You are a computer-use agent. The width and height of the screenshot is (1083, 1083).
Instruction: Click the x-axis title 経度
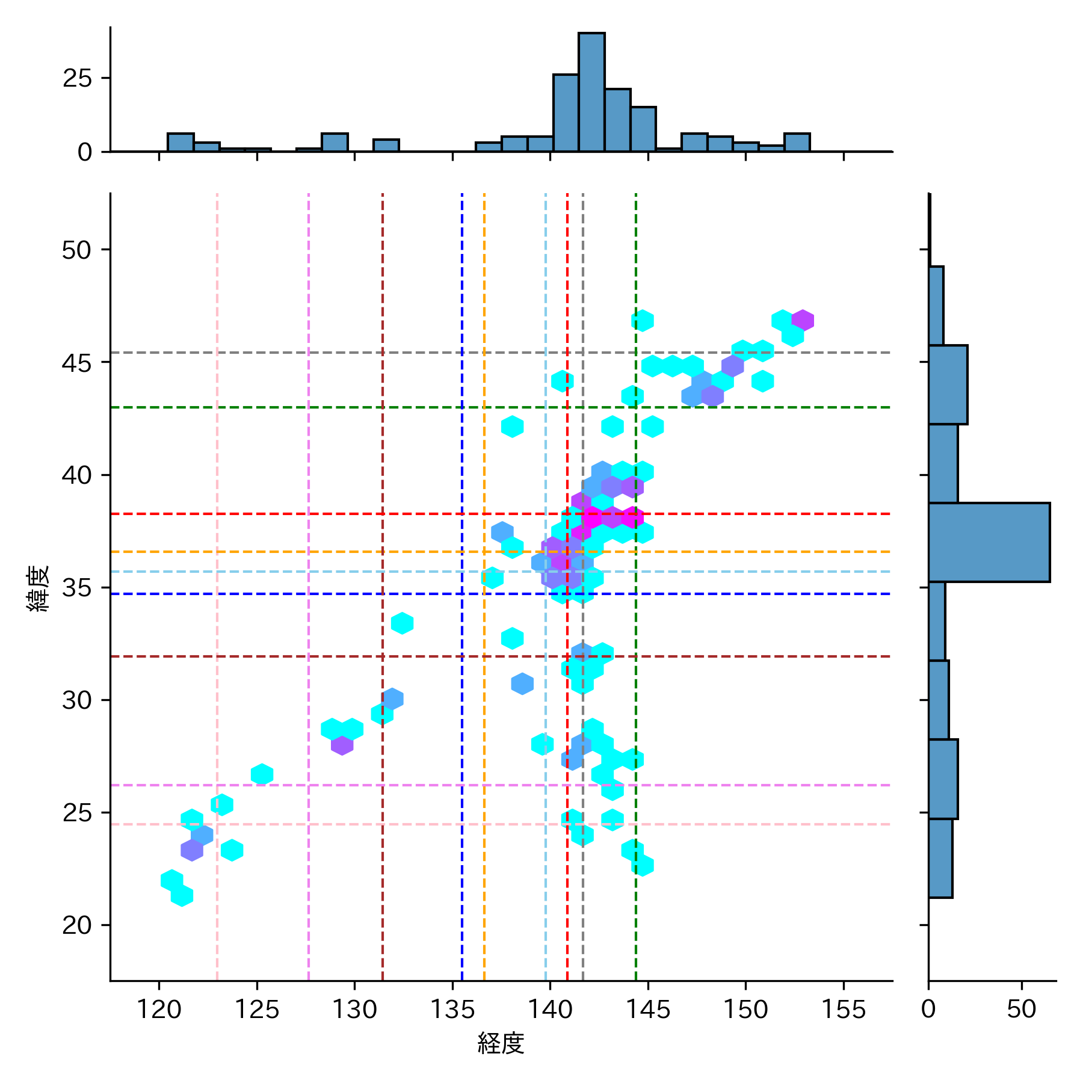(x=501, y=1043)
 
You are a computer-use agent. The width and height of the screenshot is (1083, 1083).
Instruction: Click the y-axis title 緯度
(x=39, y=588)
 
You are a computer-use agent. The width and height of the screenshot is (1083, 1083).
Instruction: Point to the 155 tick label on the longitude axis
(x=843, y=1010)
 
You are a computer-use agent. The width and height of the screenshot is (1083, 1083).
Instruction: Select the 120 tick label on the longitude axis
(x=159, y=1010)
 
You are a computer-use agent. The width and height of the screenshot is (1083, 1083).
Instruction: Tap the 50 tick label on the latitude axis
(x=77, y=250)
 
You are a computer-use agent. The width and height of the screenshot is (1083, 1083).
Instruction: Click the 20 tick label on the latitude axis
(x=77, y=925)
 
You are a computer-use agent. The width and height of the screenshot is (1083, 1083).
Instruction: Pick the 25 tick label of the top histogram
(x=78, y=78)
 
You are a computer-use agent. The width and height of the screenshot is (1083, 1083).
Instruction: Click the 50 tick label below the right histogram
(x=1022, y=1010)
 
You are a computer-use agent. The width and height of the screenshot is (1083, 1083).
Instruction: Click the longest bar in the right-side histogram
(x=989, y=542)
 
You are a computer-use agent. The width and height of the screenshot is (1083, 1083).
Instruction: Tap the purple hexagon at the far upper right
(x=803, y=320)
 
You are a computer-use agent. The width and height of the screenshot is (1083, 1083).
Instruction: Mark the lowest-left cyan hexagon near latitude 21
(x=182, y=896)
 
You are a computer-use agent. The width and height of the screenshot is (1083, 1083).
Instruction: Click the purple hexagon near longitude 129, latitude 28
(x=342, y=745)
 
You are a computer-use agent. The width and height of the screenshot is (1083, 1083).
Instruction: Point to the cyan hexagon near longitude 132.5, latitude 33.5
(x=402, y=623)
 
